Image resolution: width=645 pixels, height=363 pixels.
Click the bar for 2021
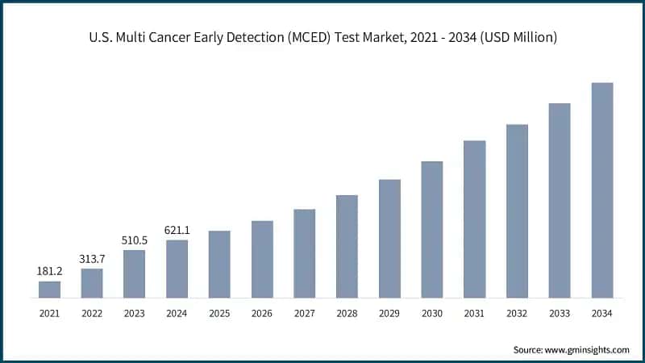[49, 290]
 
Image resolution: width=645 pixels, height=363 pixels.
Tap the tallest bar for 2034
[602, 190]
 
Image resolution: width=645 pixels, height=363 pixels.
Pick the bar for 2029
[389, 239]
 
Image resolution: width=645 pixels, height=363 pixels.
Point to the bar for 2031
[475, 219]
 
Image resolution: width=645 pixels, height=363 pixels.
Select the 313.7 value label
[92, 259]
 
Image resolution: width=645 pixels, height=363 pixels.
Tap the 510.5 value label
[134, 240]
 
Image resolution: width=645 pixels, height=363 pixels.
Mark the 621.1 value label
[177, 231]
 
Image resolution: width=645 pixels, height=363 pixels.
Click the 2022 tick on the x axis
[92, 312]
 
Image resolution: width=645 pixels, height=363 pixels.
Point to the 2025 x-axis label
[219, 312]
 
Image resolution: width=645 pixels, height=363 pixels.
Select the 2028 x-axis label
[347, 312]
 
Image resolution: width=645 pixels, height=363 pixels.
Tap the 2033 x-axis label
[560, 312]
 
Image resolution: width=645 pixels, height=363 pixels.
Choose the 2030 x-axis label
[432, 312]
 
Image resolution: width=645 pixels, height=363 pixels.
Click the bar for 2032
[517, 211]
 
